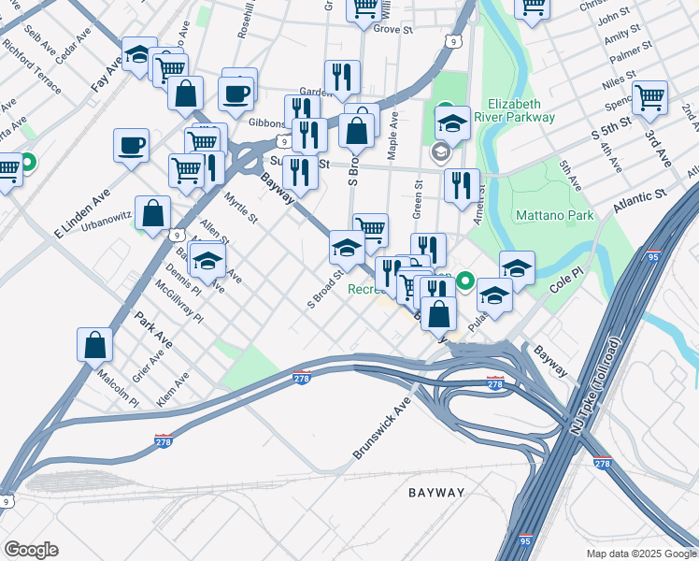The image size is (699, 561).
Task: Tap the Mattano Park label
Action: [x=554, y=216]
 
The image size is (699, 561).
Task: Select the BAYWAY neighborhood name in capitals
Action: [x=436, y=492]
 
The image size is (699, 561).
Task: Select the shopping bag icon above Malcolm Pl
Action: [x=94, y=344]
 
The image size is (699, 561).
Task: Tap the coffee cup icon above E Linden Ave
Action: [x=131, y=145]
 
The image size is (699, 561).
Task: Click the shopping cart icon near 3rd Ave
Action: [x=649, y=96]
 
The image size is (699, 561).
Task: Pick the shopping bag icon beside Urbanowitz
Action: [x=152, y=212]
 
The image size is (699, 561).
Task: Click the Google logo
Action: [x=31, y=550]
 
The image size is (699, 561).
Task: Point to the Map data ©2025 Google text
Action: [x=640, y=553]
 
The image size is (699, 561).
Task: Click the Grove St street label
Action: [x=392, y=30]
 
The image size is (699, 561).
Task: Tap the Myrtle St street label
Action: [x=241, y=208]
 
